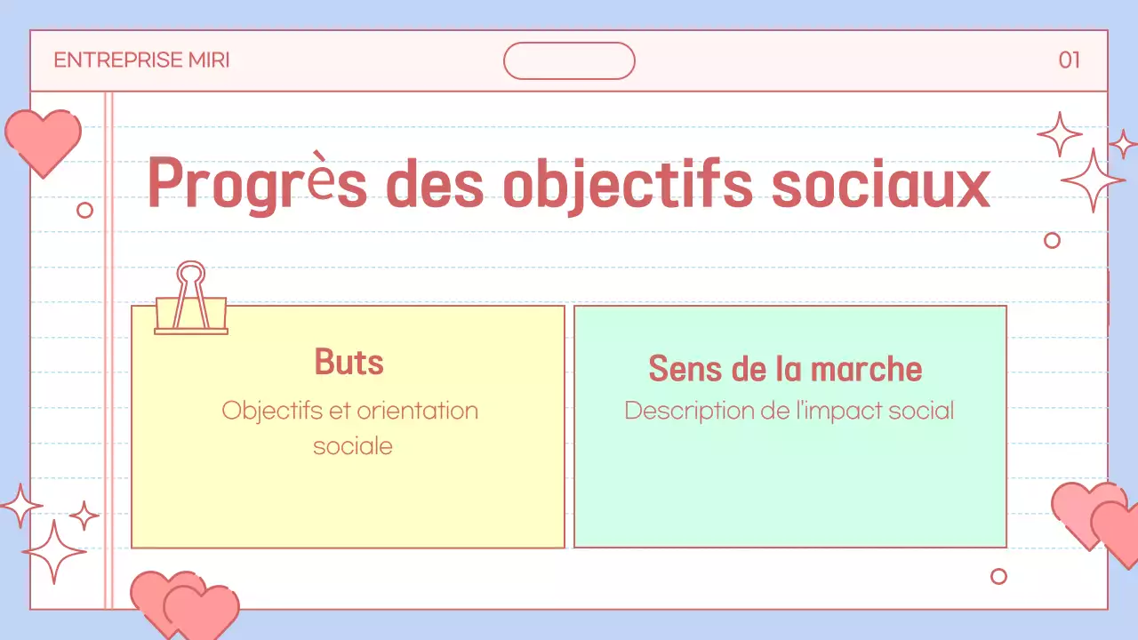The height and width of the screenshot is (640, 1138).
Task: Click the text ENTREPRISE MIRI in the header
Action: click(x=141, y=60)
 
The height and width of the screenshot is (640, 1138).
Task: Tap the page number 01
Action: click(x=1069, y=60)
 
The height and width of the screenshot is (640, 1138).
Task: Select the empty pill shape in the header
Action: click(x=569, y=60)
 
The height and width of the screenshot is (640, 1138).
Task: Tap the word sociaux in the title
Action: click(x=879, y=184)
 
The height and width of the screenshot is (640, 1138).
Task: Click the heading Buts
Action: click(x=349, y=363)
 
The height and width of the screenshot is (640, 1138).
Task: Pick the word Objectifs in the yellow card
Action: click(x=274, y=411)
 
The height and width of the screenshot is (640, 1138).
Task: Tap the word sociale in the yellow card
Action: click(x=352, y=445)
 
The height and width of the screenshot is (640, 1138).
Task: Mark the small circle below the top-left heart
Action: click(x=85, y=210)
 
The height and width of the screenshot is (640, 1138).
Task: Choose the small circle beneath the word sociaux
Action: click(x=1052, y=240)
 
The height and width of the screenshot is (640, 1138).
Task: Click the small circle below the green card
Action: click(x=998, y=576)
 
